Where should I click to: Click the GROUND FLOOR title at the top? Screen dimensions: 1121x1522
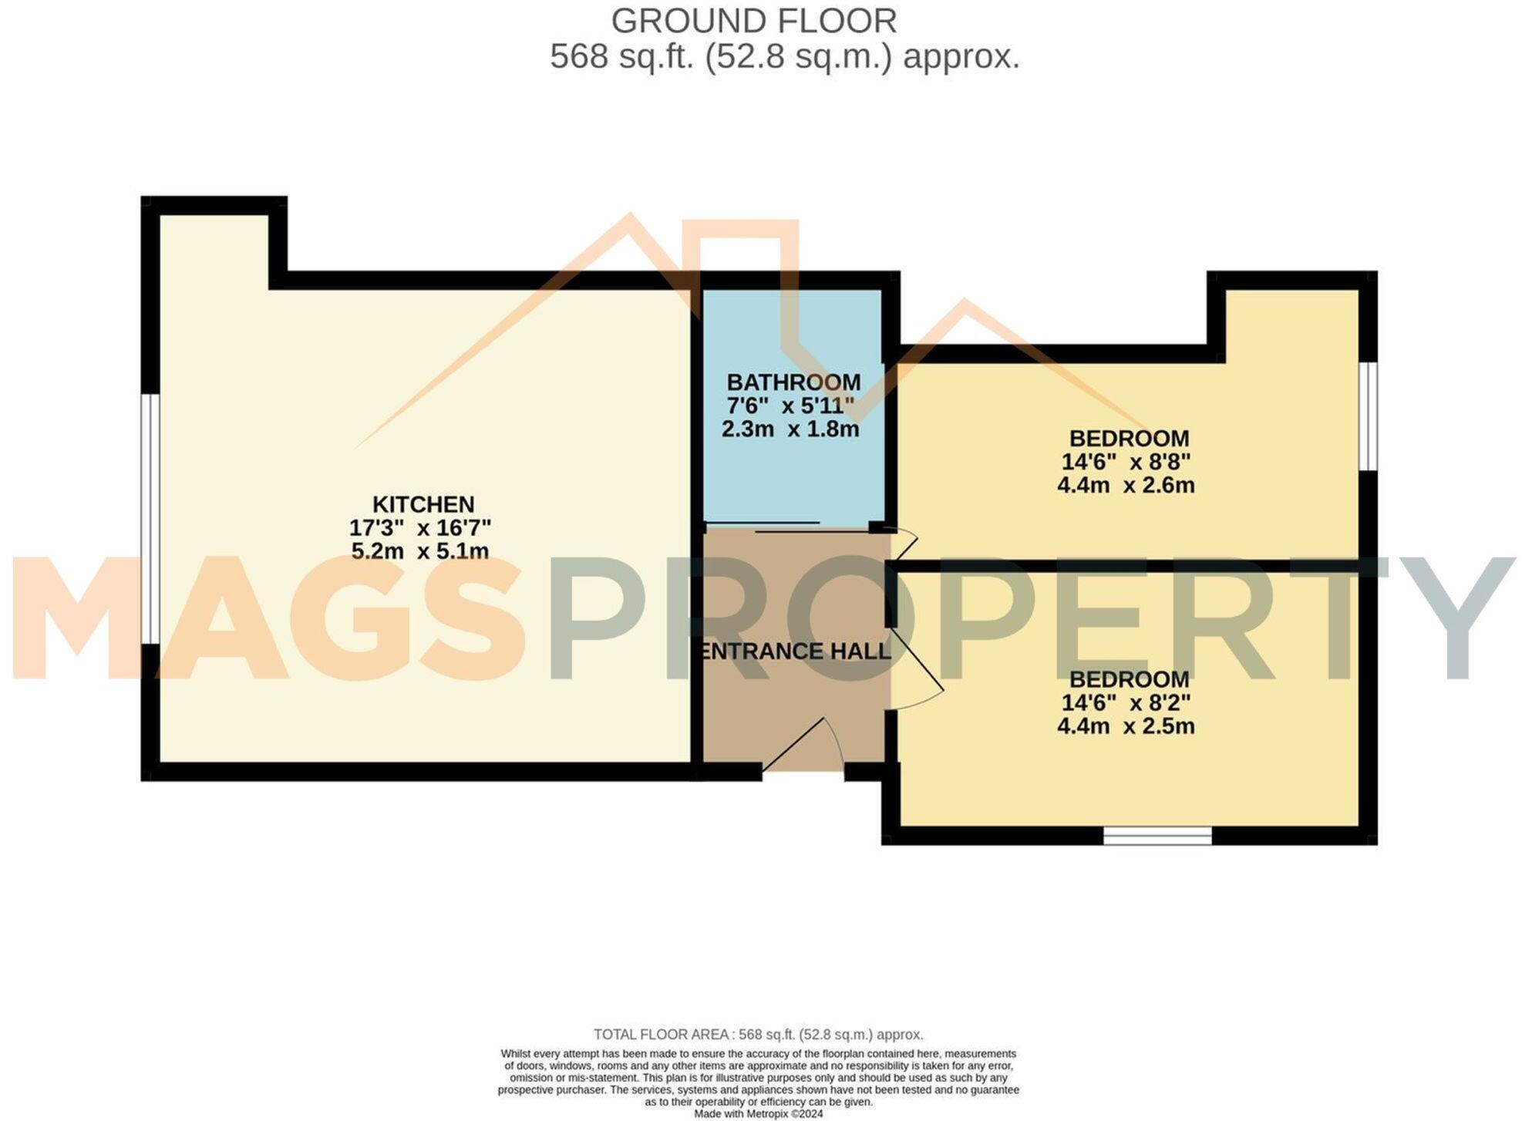coord(753,21)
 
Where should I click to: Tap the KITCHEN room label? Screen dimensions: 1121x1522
coord(423,504)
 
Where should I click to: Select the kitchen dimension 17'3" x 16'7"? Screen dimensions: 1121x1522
coord(420,528)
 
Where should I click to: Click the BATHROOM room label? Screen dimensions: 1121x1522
coord(793,382)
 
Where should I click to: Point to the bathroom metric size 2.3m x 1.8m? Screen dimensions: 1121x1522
coord(790,429)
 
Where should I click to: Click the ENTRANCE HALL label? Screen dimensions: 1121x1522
coord(794,651)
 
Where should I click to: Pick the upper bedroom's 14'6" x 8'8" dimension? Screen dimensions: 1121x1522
coord(1126,462)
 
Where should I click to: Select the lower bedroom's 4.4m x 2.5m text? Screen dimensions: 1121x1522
coord(1126,726)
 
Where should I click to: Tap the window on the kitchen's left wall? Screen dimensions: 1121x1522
coord(150,518)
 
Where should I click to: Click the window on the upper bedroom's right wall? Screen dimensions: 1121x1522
coord(1367,416)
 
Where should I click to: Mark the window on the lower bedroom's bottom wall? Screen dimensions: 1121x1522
coord(1157,835)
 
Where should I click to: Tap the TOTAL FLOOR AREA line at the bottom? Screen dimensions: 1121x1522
coord(758,1035)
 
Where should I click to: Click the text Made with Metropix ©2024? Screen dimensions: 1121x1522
coord(758,1114)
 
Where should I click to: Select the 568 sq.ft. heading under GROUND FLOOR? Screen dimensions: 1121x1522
coord(784,57)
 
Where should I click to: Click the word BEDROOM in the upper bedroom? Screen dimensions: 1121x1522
coord(1129,439)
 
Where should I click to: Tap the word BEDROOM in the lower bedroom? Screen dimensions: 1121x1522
coord(1129,680)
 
